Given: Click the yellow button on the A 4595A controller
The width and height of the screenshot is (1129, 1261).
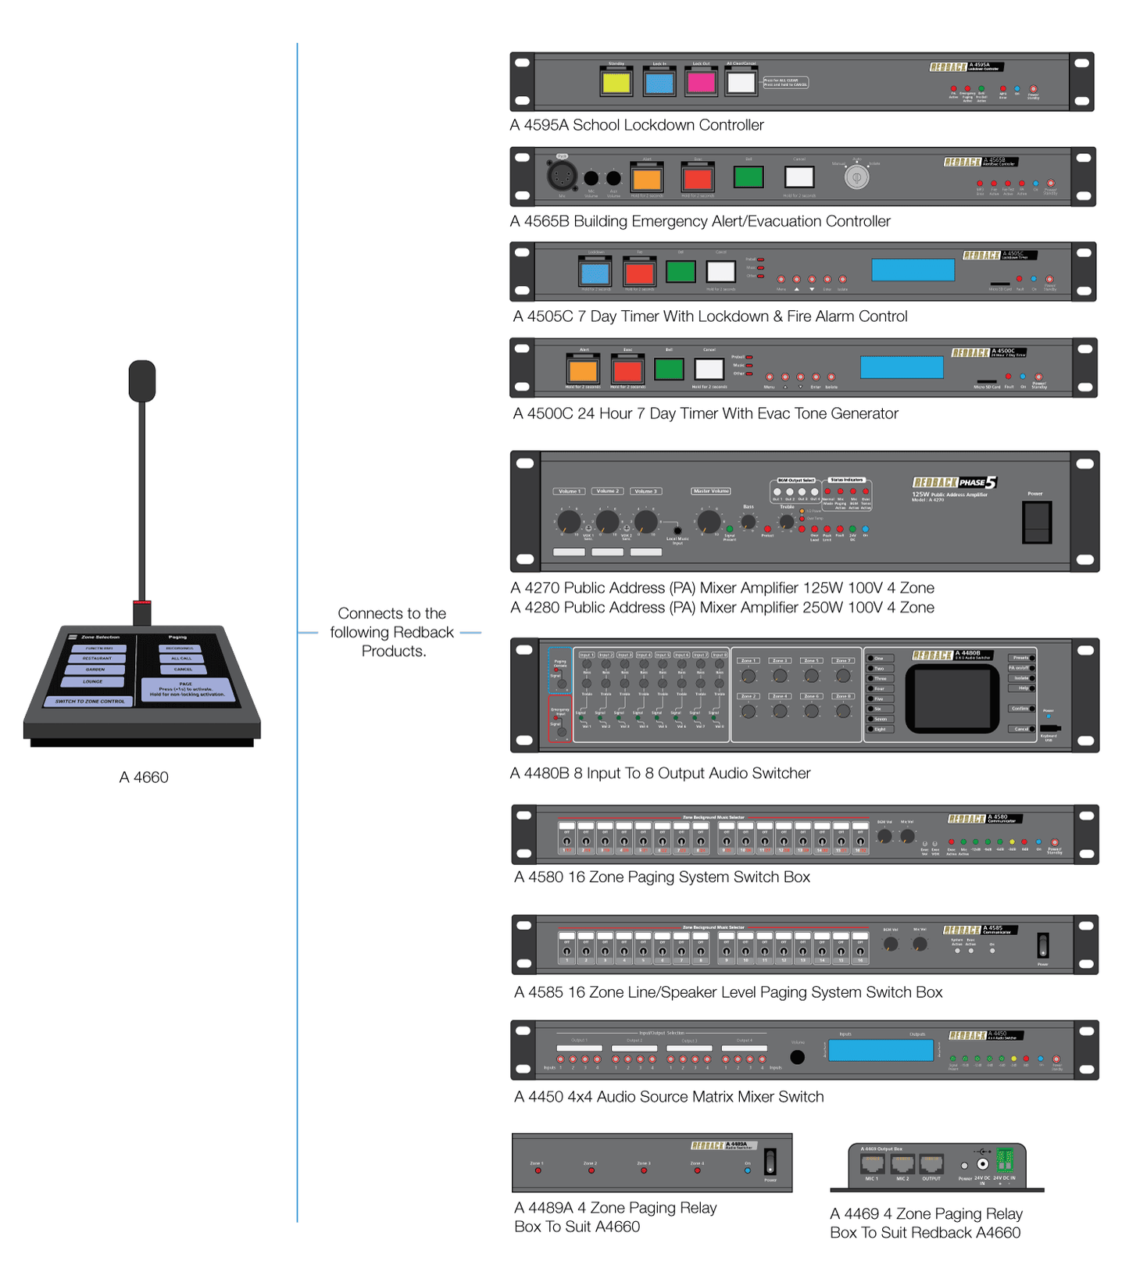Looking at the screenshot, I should [616, 83].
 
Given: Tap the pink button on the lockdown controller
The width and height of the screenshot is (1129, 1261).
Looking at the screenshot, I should [701, 83].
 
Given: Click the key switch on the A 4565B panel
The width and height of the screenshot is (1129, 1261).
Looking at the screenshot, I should [856, 178].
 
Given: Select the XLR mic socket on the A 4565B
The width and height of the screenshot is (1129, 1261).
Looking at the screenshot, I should [561, 176].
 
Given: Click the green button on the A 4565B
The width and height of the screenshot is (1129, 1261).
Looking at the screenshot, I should [748, 177].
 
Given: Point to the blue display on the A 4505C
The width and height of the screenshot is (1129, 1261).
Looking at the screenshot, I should [913, 270].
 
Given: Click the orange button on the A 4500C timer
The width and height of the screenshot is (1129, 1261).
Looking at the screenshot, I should [583, 370].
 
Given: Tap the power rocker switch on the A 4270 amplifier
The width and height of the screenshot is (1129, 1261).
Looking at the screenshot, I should [1037, 522].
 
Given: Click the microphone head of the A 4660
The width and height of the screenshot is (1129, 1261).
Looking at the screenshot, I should [142, 381].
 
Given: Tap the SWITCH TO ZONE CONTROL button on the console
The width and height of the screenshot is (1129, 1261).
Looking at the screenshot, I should [90, 701].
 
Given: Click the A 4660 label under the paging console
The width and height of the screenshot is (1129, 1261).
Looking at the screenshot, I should [144, 777].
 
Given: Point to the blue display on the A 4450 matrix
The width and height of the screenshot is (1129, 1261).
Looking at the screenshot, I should [881, 1051].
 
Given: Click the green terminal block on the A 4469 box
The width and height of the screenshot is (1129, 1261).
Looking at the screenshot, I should [1005, 1159].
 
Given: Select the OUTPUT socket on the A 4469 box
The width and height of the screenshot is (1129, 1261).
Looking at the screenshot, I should [931, 1164].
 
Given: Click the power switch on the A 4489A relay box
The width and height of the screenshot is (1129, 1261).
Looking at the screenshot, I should [770, 1161].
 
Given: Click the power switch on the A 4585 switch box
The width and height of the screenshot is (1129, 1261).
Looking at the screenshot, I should [1042, 945].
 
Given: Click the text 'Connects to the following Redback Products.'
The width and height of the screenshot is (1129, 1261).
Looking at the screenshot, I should [391, 632].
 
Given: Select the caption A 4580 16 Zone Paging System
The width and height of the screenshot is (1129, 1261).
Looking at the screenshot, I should [662, 877].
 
